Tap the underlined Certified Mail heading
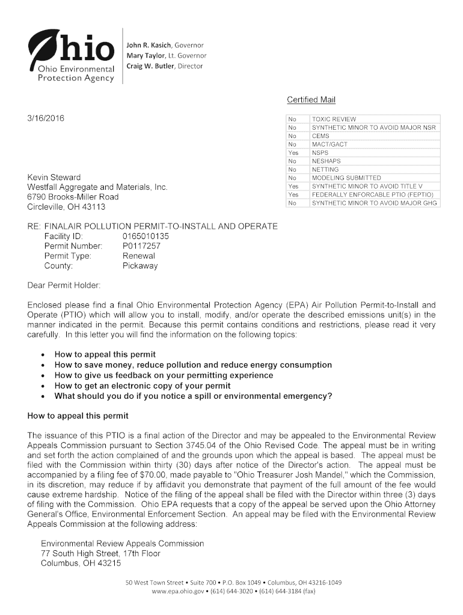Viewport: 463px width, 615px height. click(x=311, y=100)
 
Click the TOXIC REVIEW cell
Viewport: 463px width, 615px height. click(x=334, y=120)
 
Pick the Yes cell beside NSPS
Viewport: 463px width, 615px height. click(x=293, y=153)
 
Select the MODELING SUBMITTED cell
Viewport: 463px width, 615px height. click(x=346, y=178)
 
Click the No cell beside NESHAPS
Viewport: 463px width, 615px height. click(x=293, y=162)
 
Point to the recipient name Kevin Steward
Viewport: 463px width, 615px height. click(x=54, y=178)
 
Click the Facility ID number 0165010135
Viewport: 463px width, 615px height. click(x=146, y=236)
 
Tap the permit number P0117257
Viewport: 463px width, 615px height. click(x=141, y=246)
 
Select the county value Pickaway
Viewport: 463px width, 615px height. click(x=140, y=265)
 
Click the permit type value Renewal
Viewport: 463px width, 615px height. click(x=139, y=256)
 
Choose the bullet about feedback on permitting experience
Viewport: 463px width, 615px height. click(x=164, y=375)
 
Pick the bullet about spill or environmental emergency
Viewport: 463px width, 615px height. click(x=193, y=396)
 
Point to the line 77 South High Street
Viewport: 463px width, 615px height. click(x=100, y=553)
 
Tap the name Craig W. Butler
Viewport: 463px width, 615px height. click(x=149, y=66)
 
